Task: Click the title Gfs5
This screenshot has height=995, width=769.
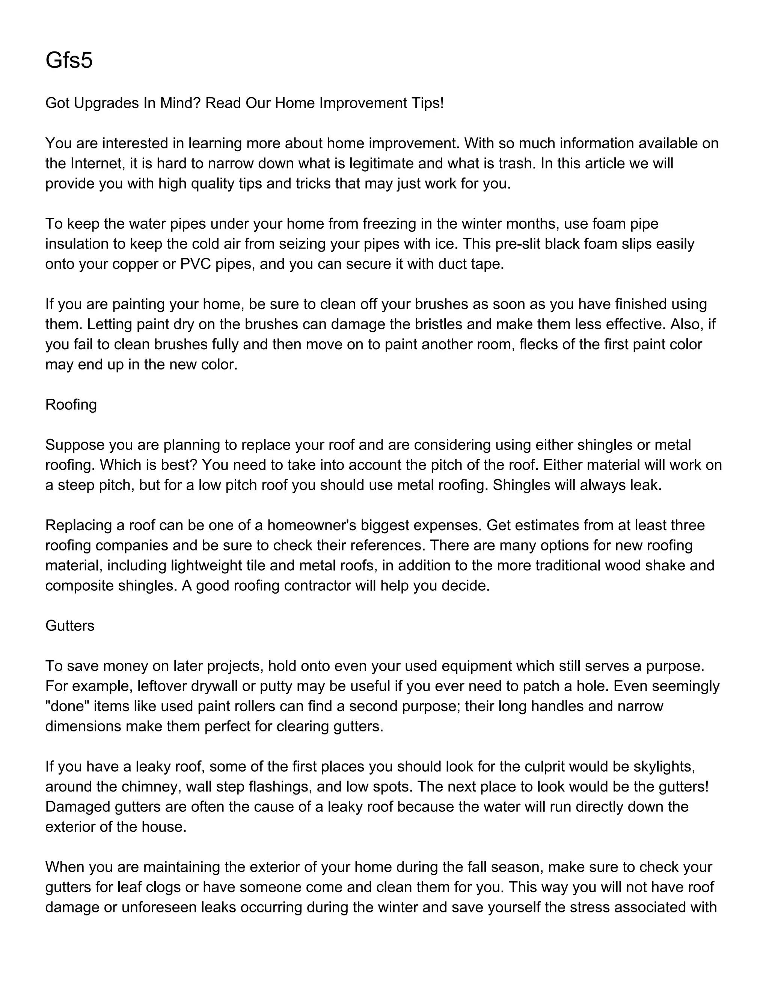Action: [69, 60]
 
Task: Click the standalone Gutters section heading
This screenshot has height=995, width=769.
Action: [70, 626]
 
